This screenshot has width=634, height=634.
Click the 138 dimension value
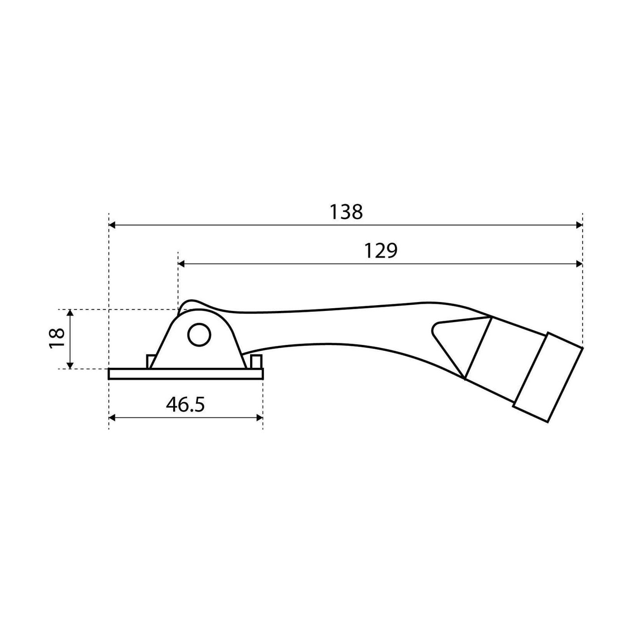346,212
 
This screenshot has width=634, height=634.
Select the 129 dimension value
381,251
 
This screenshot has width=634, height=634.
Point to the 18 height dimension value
56,339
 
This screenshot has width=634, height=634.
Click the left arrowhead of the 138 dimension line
112,225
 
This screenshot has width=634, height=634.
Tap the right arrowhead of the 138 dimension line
579,225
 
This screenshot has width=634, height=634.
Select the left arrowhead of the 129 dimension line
181,264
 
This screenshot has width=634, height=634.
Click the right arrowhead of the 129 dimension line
579,264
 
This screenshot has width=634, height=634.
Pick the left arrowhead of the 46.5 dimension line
112,418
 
